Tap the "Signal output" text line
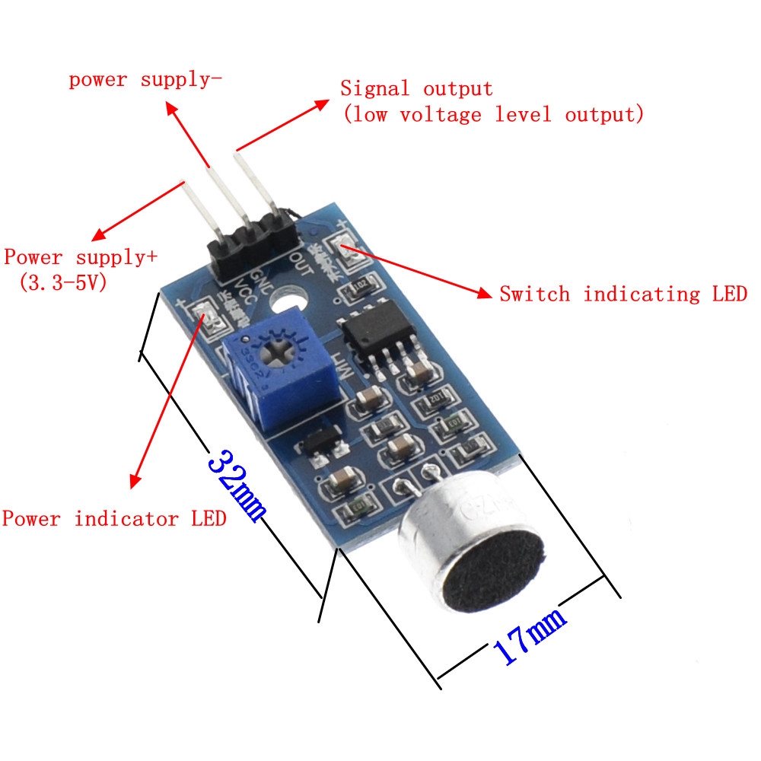pyautogui.click(x=416, y=89)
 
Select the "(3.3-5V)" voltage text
pyautogui.click(x=62, y=283)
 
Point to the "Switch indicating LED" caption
pyautogui.click(x=622, y=294)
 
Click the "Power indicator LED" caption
pyautogui.click(x=114, y=519)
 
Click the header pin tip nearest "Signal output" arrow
pyautogui.click(x=238, y=157)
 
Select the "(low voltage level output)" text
pyautogui.click(x=493, y=115)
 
